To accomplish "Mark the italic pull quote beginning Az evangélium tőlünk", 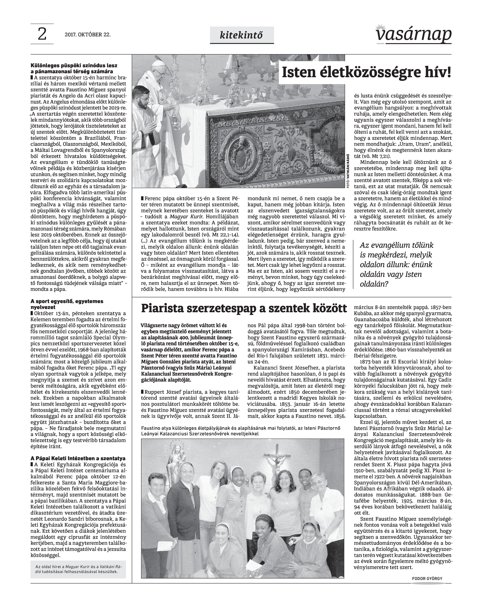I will point(396,265).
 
